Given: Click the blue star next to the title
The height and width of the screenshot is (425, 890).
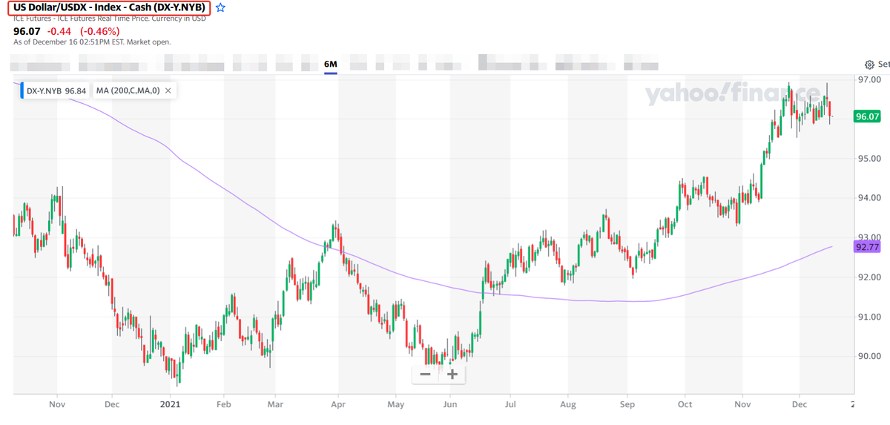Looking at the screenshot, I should pos(220,7).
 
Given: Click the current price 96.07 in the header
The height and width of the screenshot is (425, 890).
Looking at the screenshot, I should pos(27,31).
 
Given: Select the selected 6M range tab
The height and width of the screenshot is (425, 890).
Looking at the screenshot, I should pos(331,65).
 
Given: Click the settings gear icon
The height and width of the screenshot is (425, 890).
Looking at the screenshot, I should pos(870,65).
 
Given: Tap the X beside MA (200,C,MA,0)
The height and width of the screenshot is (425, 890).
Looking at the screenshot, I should pos(168,90).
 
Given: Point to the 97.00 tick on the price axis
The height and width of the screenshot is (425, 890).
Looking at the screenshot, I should pos(868,79).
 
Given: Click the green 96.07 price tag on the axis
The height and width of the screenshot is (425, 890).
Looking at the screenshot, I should pos(867,116).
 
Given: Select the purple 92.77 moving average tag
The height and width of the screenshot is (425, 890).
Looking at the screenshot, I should pos(867,247).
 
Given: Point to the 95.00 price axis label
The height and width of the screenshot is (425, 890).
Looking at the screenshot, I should pos(868,159).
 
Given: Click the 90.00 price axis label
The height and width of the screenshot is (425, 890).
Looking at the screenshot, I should pos(868,356).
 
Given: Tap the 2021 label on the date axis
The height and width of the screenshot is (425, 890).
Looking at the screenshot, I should pos(171,404).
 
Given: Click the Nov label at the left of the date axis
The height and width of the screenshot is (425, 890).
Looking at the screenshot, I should pos(57,404).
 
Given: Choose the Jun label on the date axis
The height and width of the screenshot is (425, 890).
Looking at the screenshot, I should pos(449,404).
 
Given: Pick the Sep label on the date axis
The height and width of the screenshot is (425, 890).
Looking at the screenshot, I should pos(627,404).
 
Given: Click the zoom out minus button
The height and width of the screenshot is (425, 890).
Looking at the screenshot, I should pos(425,374).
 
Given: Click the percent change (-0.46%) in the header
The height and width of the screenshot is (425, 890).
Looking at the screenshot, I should pos(99,31).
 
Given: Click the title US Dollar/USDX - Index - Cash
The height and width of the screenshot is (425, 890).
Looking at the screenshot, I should pos(109,7).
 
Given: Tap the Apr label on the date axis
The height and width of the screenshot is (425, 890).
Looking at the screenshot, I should pos(338,404).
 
